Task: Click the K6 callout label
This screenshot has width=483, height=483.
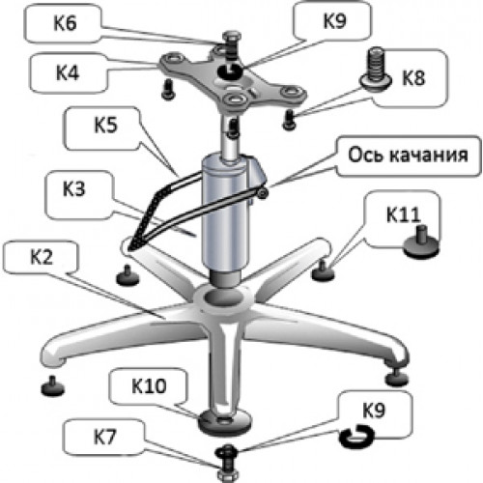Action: tap(65, 23)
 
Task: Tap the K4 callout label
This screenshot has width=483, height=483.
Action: tap(68, 72)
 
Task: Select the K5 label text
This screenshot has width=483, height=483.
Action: tap(105, 125)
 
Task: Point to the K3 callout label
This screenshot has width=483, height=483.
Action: tap(74, 189)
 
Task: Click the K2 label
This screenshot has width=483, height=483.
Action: tap(42, 257)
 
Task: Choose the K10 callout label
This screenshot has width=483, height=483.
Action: tap(149, 385)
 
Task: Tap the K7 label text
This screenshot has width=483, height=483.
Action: tap(104, 437)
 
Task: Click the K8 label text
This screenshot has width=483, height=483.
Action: tap(413, 77)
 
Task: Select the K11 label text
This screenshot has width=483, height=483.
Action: tap(404, 214)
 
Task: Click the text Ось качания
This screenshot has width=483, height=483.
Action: tap(408, 155)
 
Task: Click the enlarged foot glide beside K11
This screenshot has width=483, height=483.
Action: tap(421, 242)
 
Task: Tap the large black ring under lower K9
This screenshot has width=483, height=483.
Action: tap(356, 437)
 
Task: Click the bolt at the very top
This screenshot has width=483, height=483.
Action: tap(231, 44)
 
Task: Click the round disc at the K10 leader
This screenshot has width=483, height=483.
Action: tap(224, 422)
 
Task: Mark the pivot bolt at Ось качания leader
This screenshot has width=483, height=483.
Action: tap(263, 193)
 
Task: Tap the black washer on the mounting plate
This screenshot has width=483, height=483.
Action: tap(230, 71)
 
